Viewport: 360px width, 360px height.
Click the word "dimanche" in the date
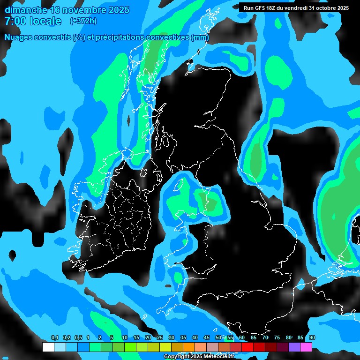pyautogui.click(x=26, y=10)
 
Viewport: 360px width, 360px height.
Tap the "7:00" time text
pyautogui.click(x=14, y=21)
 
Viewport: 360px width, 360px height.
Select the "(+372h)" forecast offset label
pyautogui.click(x=83, y=21)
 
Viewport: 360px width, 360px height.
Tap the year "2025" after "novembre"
pyautogui.click(x=119, y=10)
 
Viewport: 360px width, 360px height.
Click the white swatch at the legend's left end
pyautogui.click(x=48, y=347)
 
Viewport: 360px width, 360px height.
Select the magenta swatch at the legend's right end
pyautogui.click(x=306, y=347)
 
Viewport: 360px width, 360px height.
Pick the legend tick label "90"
pyautogui.click(x=312, y=338)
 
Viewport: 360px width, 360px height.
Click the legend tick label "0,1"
pyautogui.click(x=55, y=338)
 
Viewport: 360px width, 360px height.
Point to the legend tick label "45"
pyautogui.click(x=207, y=338)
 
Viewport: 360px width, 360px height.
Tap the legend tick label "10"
pyautogui.click(x=125, y=338)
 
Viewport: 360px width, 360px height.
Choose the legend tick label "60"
pyautogui.click(x=242, y=338)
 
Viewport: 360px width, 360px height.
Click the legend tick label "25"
pyautogui.click(x=160, y=338)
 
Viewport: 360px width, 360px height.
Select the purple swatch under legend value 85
pyautogui.click(x=294, y=347)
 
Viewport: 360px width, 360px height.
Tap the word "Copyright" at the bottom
pyautogui.click(x=177, y=357)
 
